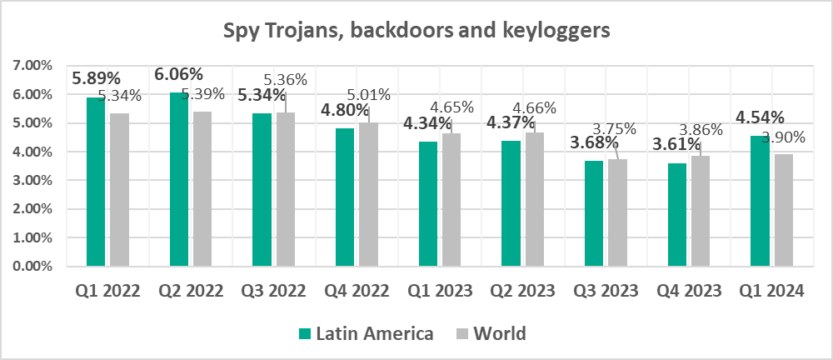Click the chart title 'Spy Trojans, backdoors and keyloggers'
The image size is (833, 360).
(x=416, y=32)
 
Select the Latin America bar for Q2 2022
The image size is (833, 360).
(x=179, y=179)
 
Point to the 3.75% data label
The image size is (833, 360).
(x=614, y=128)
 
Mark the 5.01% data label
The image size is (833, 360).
(x=367, y=94)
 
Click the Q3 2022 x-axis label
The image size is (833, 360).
(x=272, y=291)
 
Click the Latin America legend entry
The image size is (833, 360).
(x=367, y=334)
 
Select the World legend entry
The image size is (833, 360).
(x=491, y=334)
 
